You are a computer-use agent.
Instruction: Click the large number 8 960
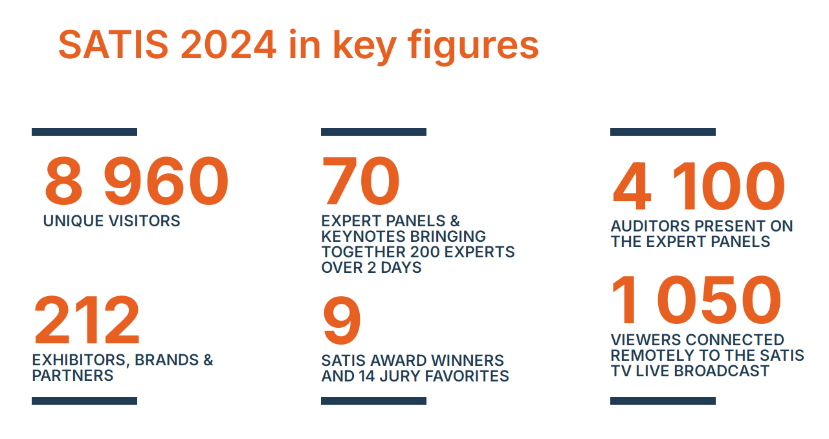click(137, 181)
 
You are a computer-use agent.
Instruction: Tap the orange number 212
click(87, 320)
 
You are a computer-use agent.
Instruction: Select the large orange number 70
click(360, 180)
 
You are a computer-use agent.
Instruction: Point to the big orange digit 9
click(341, 320)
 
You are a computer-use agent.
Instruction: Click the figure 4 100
click(699, 186)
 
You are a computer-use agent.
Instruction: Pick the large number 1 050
click(696, 300)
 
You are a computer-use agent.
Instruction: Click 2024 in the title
click(228, 45)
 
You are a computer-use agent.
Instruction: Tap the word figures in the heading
click(472, 47)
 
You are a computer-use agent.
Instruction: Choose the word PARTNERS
click(72, 376)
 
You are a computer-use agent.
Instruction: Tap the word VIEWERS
click(646, 340)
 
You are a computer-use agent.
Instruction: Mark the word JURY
click(400, 376)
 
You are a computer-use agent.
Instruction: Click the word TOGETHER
click(364, 252)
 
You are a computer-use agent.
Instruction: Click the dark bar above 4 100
click(663, 132)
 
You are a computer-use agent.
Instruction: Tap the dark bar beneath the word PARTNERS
click(84, 401)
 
